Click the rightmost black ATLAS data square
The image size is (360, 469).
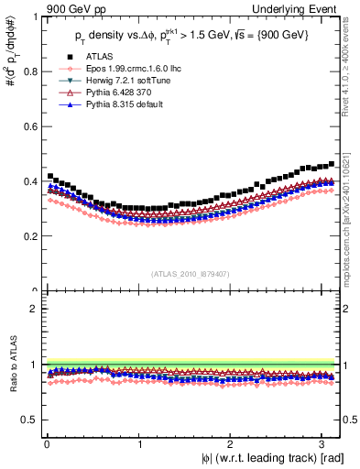pos(332,164)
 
